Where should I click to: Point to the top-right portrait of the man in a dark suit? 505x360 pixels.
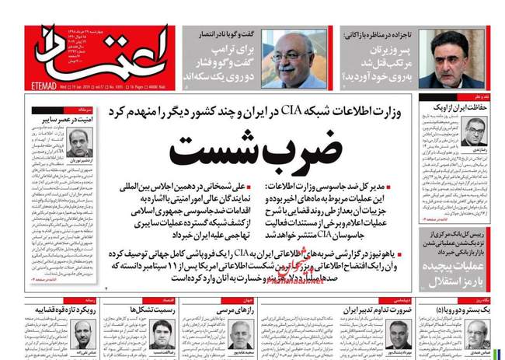tap(455, 59)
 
